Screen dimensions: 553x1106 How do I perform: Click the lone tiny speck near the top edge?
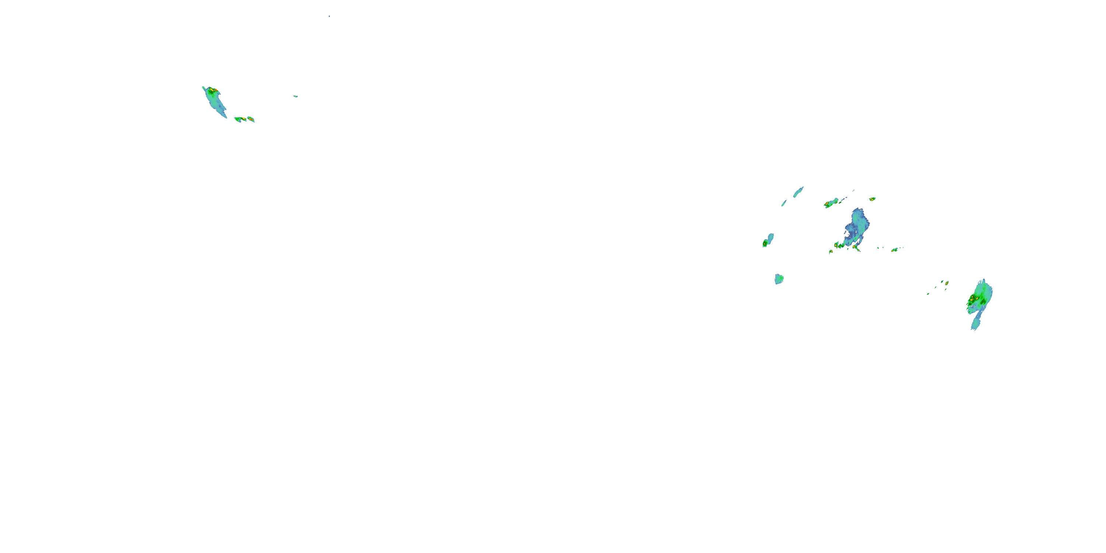[329, 16]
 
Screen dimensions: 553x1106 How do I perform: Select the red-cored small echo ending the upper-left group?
[251, 119]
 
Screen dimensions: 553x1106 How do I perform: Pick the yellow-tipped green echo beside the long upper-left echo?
[240, 119]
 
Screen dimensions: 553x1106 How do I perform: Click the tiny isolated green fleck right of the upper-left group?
[295, 96]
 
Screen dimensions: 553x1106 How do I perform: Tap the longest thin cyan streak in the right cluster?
[798, 192]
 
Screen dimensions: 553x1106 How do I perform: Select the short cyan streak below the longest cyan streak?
[784, 203]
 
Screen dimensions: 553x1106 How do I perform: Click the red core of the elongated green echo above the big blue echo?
[827, 204]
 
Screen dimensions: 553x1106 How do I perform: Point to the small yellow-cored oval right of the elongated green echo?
[872, 199]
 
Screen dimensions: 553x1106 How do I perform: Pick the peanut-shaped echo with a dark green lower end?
[768, 240]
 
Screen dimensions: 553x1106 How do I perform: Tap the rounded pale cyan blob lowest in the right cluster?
[779, 279]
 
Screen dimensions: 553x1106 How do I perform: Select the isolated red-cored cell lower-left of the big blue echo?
[831, 251]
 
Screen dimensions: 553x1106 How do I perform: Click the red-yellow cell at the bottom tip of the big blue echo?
[855, 247]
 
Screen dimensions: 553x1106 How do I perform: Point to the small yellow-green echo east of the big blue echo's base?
[895, 250]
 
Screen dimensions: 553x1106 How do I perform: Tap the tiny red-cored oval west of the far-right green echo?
[947, 283]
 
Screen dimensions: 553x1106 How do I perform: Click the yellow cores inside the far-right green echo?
[973, 298]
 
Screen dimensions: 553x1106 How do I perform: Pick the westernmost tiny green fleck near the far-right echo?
[928, 294]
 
